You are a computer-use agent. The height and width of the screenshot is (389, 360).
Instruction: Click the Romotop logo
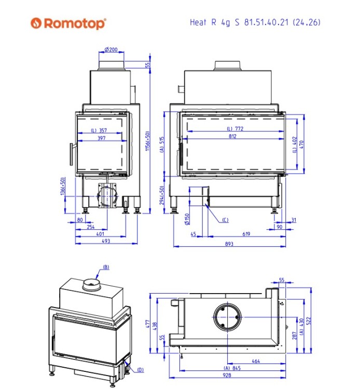point(68,23)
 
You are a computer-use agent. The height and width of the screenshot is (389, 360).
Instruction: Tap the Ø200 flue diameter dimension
point(111,50)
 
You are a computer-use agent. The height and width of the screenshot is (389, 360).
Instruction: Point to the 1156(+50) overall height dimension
point(148,142)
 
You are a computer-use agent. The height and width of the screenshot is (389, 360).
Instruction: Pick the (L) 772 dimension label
point(234,128)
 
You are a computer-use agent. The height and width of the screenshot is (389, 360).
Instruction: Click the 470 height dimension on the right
point(302,144)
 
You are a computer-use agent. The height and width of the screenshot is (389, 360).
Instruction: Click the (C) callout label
point(225,220)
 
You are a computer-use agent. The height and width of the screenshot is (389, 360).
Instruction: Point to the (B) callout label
point(106,267)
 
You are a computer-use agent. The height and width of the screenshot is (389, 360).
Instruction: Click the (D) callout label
point(140,370)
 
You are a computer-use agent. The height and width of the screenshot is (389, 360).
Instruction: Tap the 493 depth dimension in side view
point(106,241)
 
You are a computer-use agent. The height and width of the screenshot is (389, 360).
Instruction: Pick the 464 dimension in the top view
point(255,361)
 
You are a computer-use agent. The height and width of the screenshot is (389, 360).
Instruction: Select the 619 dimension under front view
point(246,234)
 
